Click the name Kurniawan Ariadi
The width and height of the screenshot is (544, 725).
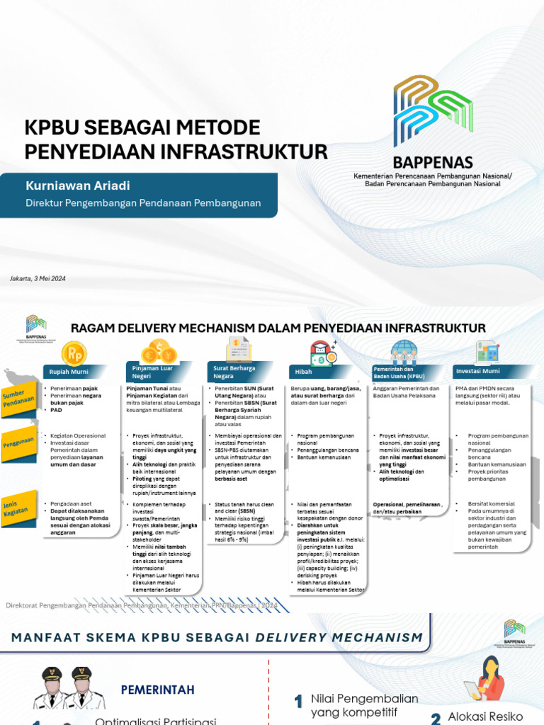coord(78,186)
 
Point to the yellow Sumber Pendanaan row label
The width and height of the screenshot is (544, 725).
coord(19,399)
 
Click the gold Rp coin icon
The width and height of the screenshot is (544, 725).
coord(74,352)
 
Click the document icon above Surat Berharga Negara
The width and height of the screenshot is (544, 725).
coord(239,350)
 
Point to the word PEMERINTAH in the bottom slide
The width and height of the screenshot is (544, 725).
coord(157,689)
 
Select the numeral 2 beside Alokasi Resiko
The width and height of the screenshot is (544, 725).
coord(436,719)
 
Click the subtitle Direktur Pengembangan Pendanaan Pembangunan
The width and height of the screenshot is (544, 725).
coord(144,203)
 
